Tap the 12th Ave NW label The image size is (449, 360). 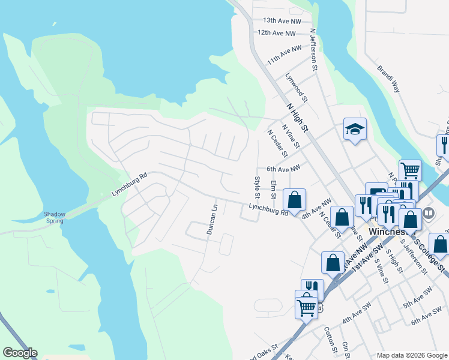[277, 33]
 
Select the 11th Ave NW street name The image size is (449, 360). [285, 55]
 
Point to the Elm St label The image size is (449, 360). [274, 190]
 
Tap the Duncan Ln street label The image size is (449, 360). [211, 220]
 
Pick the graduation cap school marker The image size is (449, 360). [355, 129]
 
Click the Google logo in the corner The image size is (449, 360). [20, 353]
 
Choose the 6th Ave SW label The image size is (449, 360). [426, 317]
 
